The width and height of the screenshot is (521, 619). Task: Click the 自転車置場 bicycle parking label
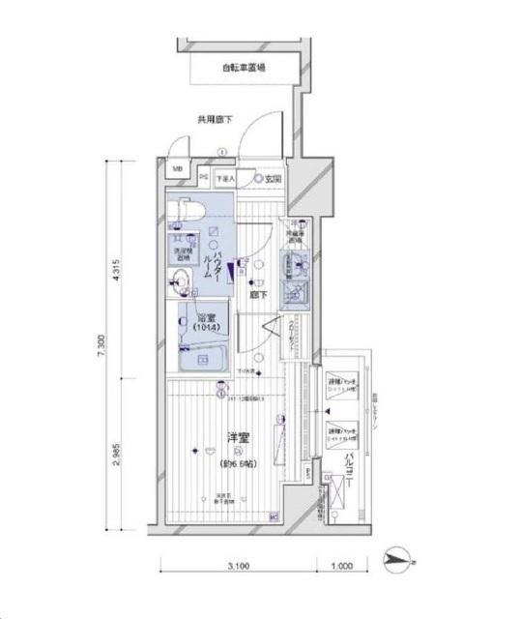click(x=243, y=68)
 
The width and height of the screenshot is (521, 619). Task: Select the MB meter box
click(x=176, y=170)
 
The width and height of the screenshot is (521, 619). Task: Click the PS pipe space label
click(x=204, y=178)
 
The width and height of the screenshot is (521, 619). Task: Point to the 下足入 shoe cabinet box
click(x=226, y=179)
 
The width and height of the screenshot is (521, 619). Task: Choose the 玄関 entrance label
click(x=272, y=179)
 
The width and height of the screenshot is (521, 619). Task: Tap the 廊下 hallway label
click(x=256, y=295)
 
